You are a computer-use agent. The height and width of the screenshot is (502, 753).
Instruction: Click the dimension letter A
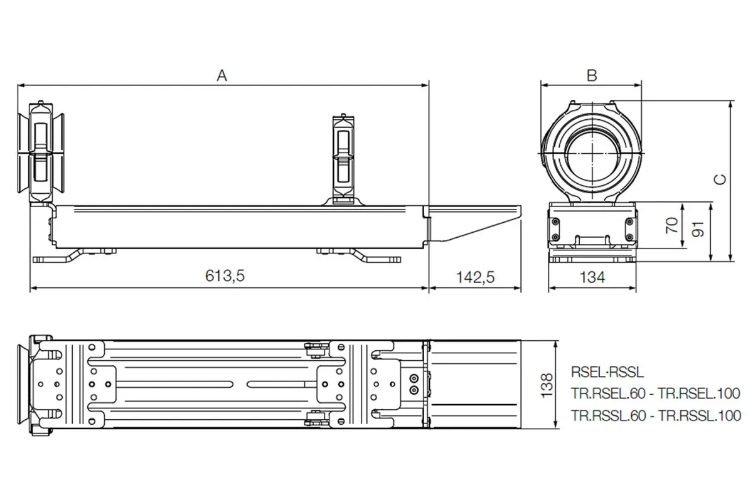tap(222, 76)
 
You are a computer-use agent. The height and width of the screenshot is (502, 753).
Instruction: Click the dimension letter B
tap(592, 76)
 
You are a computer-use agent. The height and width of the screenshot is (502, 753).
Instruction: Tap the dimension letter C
tap(720, 179)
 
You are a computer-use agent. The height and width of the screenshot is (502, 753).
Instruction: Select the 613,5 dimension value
tap(225, 275)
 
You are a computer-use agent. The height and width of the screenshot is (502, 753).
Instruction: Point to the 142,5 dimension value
tap(476, 277)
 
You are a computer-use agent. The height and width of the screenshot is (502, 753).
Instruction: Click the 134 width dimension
tap(592, 277)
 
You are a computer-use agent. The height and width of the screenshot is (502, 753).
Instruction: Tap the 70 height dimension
tap(672, 225)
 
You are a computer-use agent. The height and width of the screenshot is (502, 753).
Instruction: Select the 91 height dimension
tap(698, 229)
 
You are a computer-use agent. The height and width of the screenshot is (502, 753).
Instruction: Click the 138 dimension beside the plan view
tap(547, 385)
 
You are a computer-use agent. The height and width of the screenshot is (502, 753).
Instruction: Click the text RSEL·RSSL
tap(607, 372)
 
